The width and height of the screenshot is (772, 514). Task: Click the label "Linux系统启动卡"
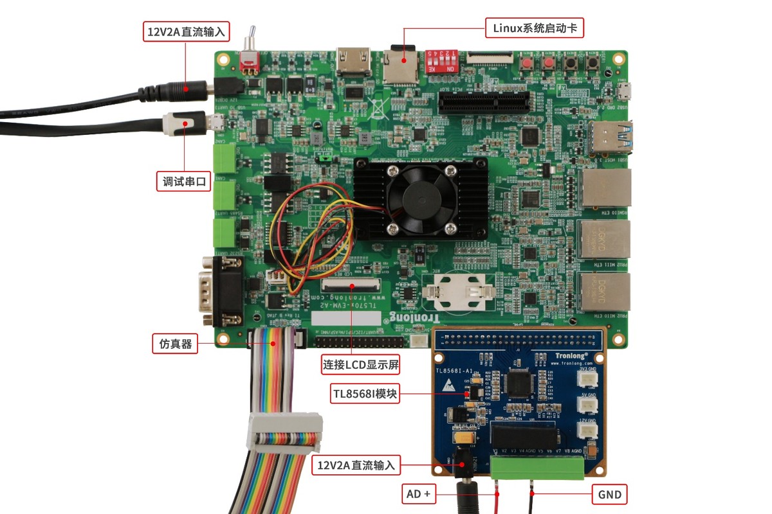pos(533,28)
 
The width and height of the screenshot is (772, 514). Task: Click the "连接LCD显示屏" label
pos(361,366)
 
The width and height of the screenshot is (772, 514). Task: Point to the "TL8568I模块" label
pos(365,393)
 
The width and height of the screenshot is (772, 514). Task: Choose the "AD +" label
pos(419,495)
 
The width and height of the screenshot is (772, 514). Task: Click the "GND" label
pos(609,495)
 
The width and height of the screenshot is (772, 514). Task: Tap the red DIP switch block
pos(441,60)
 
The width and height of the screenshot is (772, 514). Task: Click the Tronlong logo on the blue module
pos(571,355)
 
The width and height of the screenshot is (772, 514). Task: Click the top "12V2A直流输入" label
pos(186,31)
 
